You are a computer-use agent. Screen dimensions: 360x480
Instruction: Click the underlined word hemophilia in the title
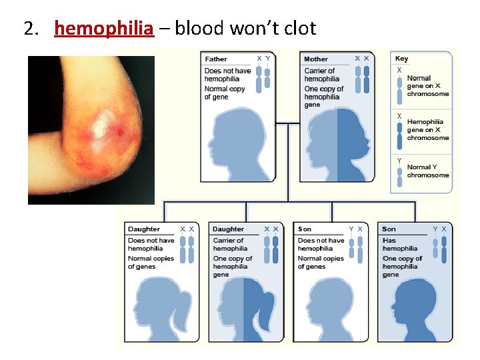click(104, 29)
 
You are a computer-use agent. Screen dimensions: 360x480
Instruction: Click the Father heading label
click(216, 59)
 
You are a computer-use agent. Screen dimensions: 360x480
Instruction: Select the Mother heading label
click(316, 59)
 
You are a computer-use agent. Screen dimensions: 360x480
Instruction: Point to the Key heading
click(401, 59)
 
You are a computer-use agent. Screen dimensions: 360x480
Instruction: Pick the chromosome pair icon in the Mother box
click(362, 77)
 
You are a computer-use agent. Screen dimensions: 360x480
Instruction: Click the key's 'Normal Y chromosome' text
click(427, 171)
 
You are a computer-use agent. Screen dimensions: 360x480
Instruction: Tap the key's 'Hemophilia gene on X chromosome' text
click(427, 129)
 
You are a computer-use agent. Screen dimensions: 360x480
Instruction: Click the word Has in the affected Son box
click(389, 241)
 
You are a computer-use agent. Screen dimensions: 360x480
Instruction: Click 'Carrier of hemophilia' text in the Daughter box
click(229, 245)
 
